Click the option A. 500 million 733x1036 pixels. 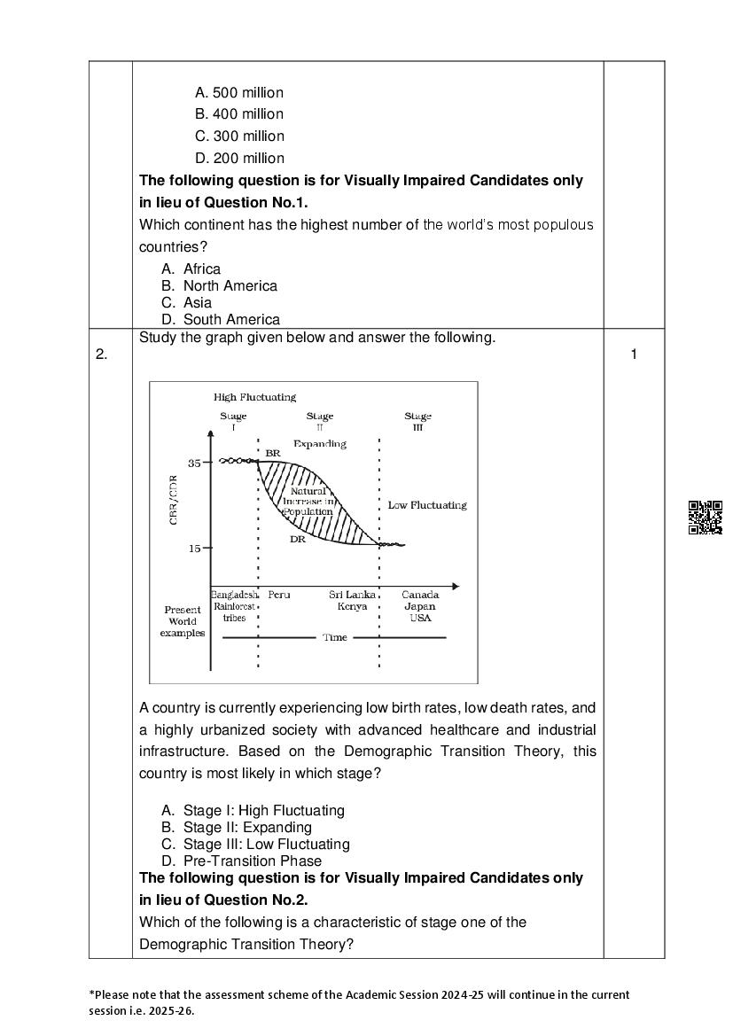(x=238, y=92)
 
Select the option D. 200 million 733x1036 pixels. (x=239, y=158)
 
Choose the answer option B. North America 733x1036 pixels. (x=219, y=285)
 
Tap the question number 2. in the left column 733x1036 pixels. (x=102, y=354)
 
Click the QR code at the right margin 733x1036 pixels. (x=705, y=518)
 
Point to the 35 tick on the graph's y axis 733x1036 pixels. (x=194, y=463)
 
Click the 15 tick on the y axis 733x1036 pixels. (x=194, y=548)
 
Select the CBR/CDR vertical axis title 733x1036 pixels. (x=173, y=501)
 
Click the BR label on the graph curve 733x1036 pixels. (x=273, y=453)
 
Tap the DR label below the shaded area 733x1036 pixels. (x=298, y=538)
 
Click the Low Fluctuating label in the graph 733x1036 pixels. (x=427, y=505)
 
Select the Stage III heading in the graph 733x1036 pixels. (x=417, y=421)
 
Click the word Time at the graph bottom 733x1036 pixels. (x=335, y=637)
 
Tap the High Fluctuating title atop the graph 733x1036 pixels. (x=254, y=397)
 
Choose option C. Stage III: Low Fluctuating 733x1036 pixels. (x=255, y=844)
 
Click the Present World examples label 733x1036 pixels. (x=183, y=621)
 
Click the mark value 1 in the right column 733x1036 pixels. (x=634, y=354)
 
